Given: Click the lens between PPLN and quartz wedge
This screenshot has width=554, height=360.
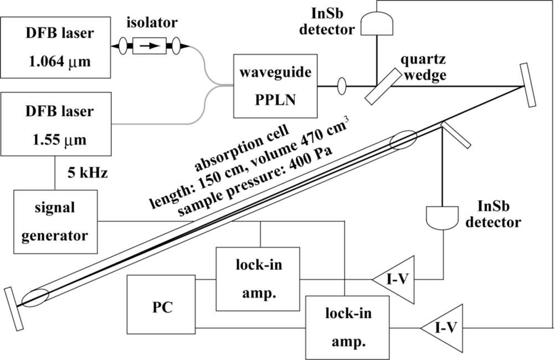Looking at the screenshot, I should coord(341,86).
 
